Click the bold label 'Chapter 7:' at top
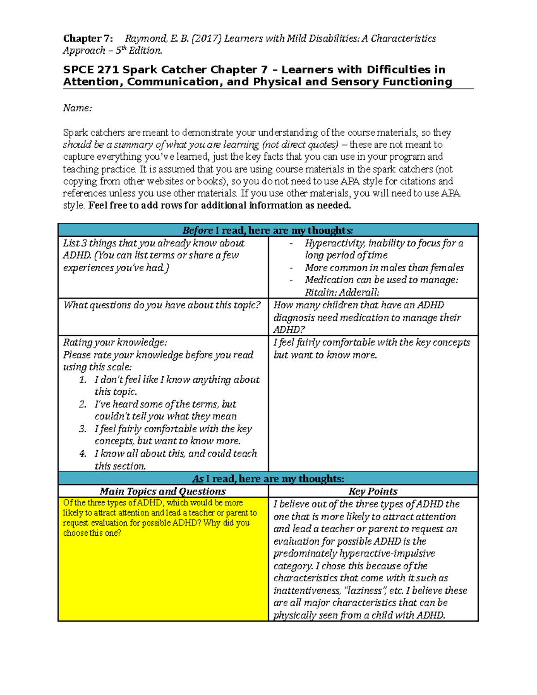tap(88, 38)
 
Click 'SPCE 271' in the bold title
tap(91, 70)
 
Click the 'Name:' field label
tap(77, 108)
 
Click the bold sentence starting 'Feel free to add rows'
tap(220, 205)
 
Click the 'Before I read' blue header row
tap(268, 230)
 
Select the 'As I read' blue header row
tap(268, 479)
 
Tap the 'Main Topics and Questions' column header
tap(163, 491)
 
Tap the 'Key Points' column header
tap(373, 491)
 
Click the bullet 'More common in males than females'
tap(384, 268)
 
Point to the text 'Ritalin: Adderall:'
tap(342, 292)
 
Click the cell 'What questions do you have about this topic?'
tap(162, 305)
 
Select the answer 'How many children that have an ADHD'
tap(358, 305)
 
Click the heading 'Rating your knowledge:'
tap(115, 342)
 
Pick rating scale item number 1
tap(177, 379)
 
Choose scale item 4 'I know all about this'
tap(175, 453)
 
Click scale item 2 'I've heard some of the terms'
tap(165, 404)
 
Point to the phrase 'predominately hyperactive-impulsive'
tap(354, 554)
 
